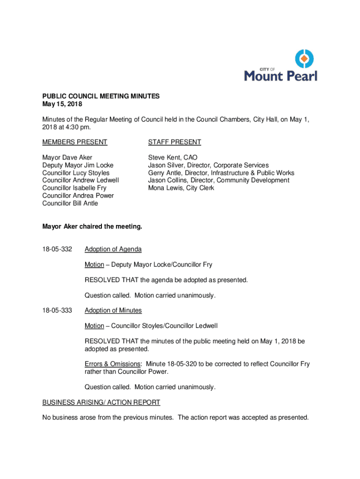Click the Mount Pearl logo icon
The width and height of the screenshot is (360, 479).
coord(303,59)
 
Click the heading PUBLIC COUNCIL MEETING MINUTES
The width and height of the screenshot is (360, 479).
coord(101,96)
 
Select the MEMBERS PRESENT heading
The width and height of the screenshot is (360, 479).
coord(75,142)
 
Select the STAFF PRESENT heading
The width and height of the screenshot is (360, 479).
coord(174,142)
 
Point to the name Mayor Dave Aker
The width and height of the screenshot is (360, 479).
coord(67,158)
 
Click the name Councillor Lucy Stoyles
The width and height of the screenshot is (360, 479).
coord(76,173)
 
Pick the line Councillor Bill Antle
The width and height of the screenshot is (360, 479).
coord(70,203)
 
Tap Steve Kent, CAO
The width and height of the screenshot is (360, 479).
coord(173,158)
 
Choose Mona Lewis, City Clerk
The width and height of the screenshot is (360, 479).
coord(181,188)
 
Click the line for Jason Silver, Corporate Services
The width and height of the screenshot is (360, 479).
coord(208,166)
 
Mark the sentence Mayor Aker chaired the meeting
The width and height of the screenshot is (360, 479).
coord(92,226)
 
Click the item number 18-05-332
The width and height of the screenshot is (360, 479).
coord(57,249)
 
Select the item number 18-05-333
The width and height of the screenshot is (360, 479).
coord(57,310)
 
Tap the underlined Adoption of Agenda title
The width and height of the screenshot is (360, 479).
coord(113,249)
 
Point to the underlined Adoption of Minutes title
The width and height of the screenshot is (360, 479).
coord(113,310)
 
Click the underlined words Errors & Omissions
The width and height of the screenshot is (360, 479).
coord(112,364)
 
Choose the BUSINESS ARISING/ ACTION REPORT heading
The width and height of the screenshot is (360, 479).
coord(101,402)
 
